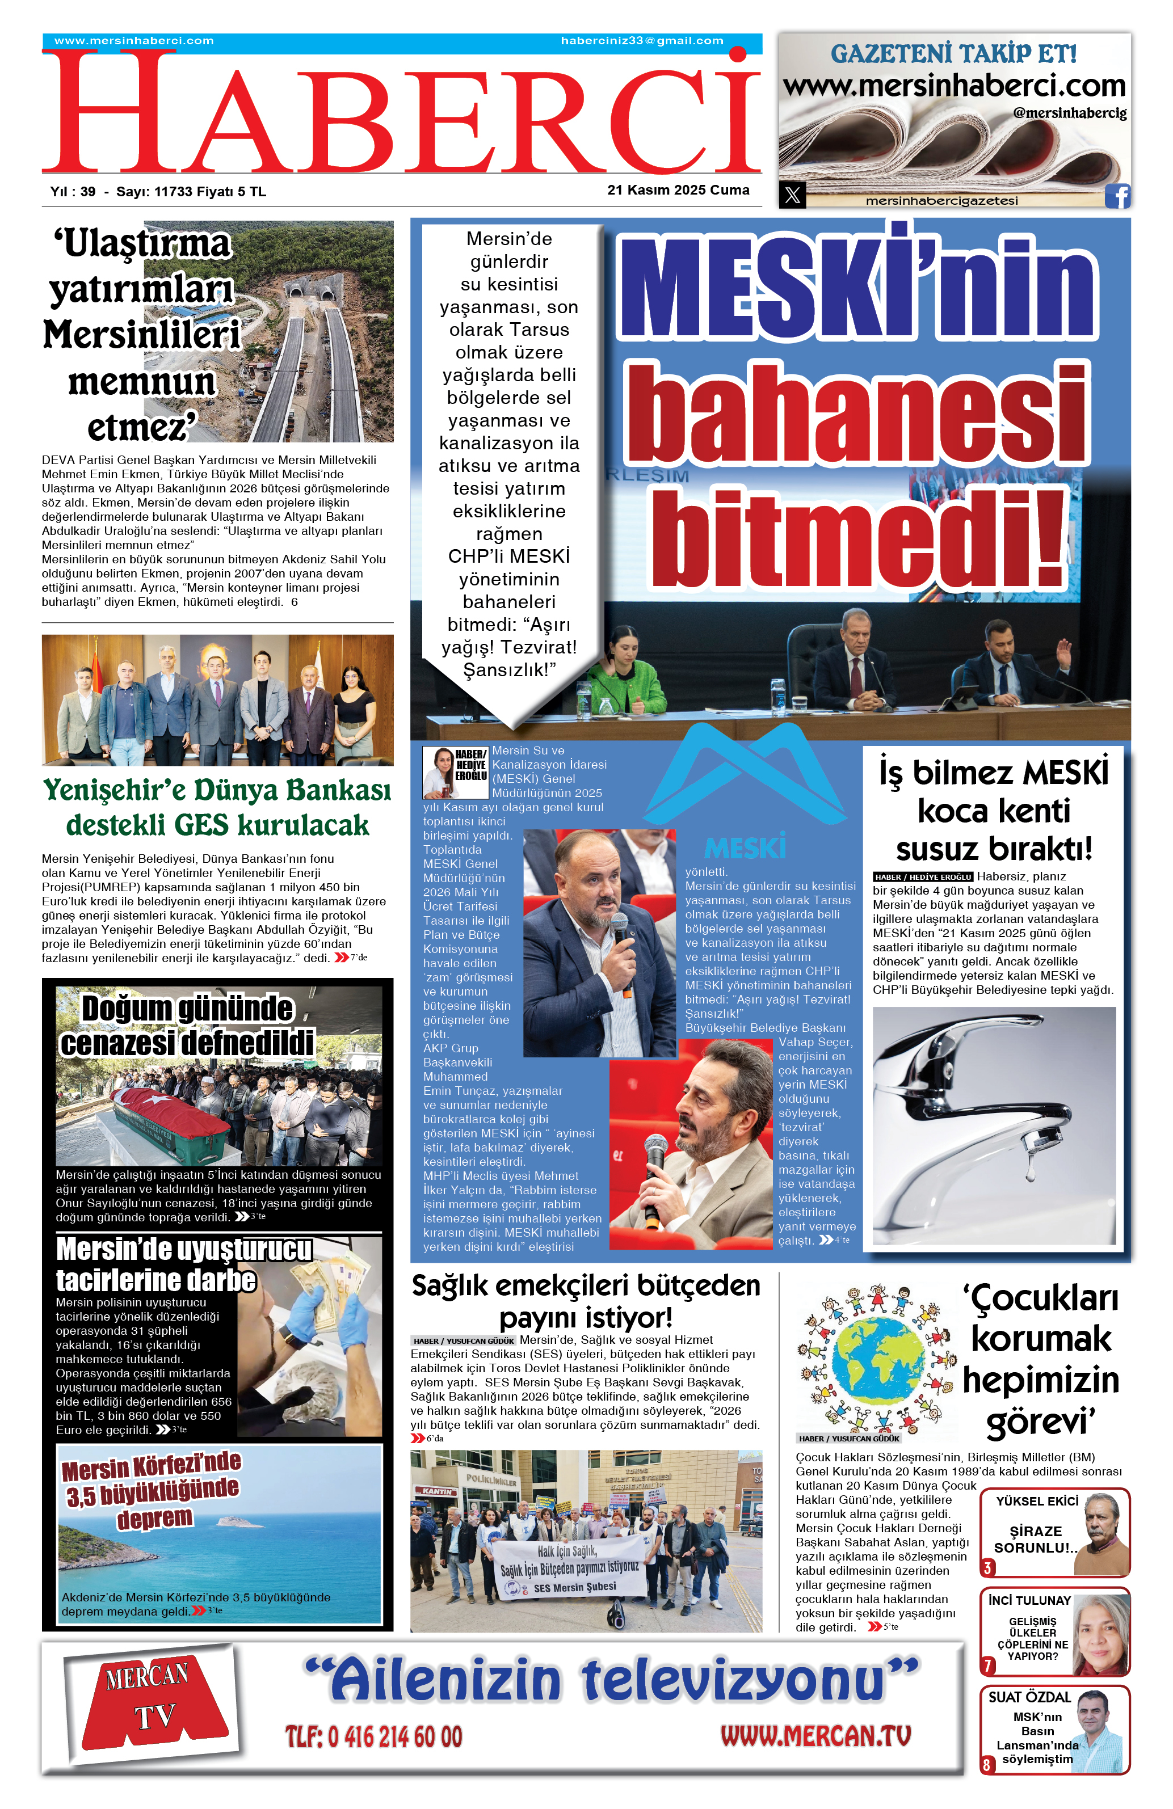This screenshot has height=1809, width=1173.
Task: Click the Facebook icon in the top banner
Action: [x=1117, y=196]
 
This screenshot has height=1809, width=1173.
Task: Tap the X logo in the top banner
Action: [x=792, y=195]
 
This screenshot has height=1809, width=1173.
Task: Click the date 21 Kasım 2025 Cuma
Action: [x=678, y=190]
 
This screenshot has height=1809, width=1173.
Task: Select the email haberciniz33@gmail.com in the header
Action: [x=642, y=41]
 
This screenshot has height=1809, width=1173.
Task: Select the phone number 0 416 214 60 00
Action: [x=373, y=1737]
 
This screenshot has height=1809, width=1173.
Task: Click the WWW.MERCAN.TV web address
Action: [x=815, y=1735]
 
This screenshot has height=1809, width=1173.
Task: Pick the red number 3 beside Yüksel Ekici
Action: [x=987, y=1567]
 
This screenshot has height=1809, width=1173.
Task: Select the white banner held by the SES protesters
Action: [x=567, y=1569]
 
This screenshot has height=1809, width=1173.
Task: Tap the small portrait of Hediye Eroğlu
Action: [x=438, y=771]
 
